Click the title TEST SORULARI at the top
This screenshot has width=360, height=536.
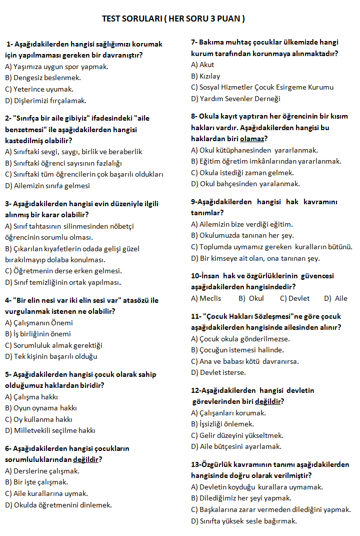tap(173, 19)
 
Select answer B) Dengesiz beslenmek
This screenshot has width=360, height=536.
tap(43, 78)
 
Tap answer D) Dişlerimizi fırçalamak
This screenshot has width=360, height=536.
tap(45, 100)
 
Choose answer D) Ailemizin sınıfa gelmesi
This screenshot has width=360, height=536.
tap(47, 185)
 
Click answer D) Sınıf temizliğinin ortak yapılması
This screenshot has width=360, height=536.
tap(63, 282)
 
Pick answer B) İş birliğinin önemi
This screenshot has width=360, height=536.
tap(38, 334)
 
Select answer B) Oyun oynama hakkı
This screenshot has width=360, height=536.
tap(41, 408)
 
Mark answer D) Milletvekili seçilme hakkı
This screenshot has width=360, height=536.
tap(50, 430)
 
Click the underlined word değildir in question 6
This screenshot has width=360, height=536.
tap(86, 459)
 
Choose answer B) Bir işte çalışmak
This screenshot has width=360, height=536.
tap(36, 482)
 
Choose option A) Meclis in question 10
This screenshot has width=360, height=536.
tap(206, 298)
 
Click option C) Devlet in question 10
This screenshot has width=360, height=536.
tap(294, 298)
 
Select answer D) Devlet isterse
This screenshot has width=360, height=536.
tap(218, 372)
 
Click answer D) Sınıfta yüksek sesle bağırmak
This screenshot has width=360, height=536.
tap(244, 521)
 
